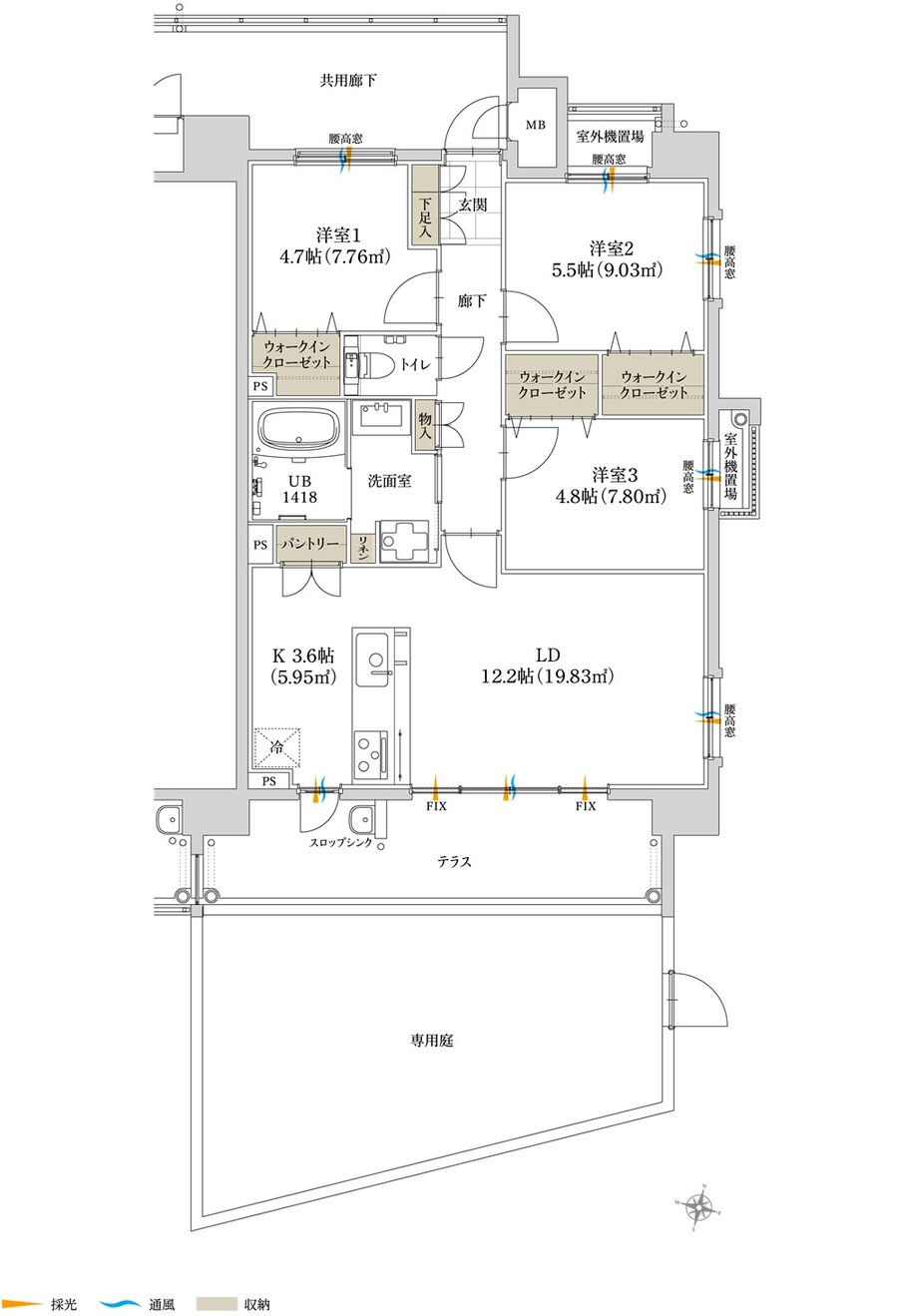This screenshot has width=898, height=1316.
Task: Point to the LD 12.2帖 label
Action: pos(547,665)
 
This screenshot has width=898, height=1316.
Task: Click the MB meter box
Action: pos(536,125)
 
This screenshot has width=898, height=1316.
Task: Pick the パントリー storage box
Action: pos(308,545)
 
